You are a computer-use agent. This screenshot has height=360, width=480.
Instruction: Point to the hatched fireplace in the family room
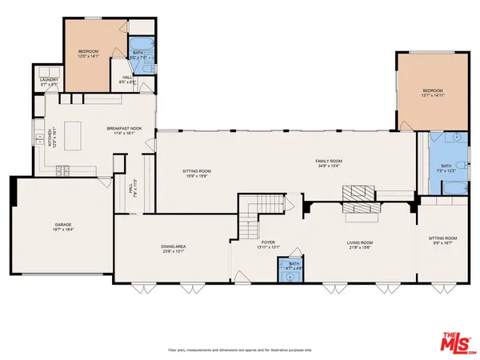pos(358,194)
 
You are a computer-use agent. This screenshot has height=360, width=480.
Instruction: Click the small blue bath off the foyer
pos(293,272)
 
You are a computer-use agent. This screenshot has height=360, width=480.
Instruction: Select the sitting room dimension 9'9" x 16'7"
pos(446,243)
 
